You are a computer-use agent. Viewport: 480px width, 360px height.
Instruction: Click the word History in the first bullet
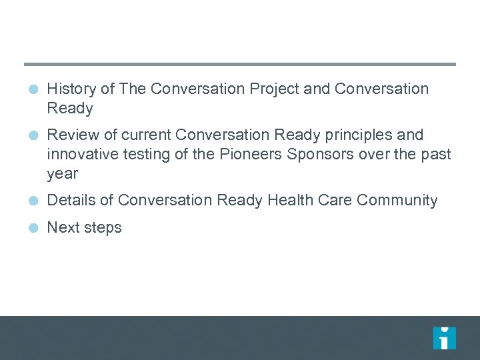pos(69,89)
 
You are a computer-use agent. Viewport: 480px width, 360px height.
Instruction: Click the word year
pos(62,175)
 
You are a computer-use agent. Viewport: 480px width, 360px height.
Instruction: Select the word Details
pos(71,201)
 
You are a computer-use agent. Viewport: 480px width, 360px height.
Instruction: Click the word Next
pos(63,227)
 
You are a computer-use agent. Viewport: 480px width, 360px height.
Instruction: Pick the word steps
pos(103,228)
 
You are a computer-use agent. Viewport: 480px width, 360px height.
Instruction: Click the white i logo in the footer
pos(444,338)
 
